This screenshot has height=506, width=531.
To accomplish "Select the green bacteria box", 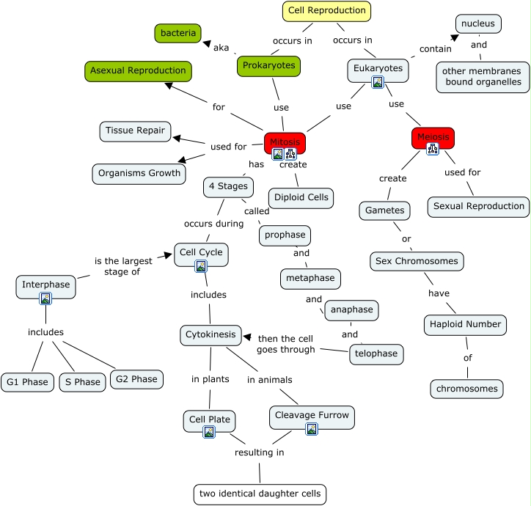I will coord(178,33).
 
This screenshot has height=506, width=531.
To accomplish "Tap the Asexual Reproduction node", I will coord(138,71).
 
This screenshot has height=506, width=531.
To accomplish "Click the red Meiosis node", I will coord(433,137).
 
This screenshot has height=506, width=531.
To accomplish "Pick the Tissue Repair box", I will coord(135,131).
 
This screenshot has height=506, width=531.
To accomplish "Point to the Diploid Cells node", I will coord(301,198).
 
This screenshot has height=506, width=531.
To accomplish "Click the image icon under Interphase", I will coord(45,298).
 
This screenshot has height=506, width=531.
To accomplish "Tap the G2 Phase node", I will coord(134,379).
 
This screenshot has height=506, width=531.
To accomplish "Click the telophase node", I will coord(376,353).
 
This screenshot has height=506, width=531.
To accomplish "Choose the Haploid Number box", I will coord(464,324).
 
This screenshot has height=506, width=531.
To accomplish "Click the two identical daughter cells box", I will coord(260,494).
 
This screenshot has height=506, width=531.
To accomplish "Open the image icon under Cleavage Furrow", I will coord(312,429).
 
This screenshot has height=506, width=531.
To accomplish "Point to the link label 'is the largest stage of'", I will coord(123,266).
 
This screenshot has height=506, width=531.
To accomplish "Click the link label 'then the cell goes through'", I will coord(287,344).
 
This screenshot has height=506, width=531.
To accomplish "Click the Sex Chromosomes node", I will coord(417,261).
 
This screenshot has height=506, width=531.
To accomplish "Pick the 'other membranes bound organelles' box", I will coord(483,76).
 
